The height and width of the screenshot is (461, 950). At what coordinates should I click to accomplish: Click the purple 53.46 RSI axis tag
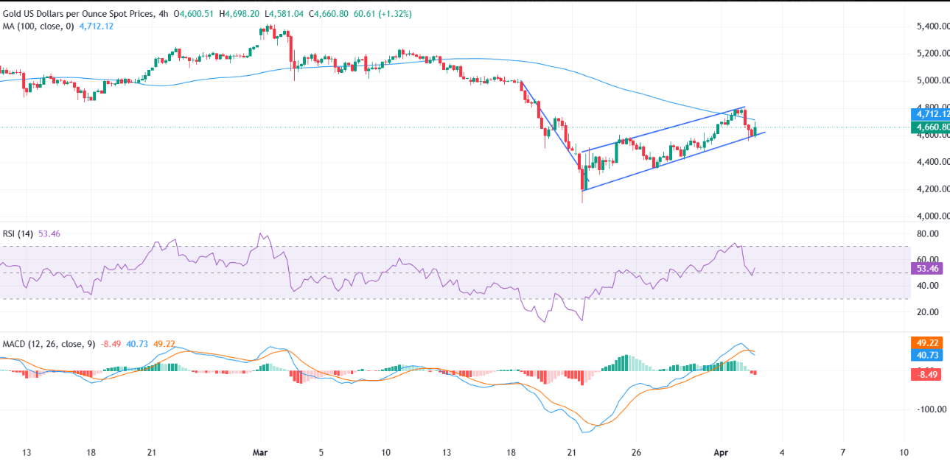(x=928, y=270)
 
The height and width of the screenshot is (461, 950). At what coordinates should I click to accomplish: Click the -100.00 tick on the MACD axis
(x=930, y=409)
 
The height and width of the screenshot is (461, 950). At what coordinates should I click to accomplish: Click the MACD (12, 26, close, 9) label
(x=49, y=344)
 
